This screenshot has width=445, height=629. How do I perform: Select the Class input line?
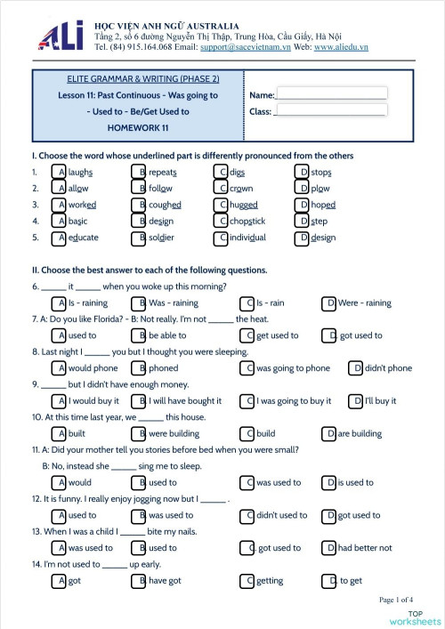pos(329,111)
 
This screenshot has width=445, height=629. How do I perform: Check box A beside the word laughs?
pos(60,172)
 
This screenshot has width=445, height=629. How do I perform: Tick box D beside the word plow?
pos(303,189)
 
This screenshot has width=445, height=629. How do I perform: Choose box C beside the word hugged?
pos(222,205)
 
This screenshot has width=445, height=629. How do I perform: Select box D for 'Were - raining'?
pos(330,303)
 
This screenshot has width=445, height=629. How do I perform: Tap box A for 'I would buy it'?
pos(60,401)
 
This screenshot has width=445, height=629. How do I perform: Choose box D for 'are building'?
pos(330,434)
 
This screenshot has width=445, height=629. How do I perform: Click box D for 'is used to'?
pos(330,483)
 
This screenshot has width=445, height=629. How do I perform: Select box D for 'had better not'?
pos(330,548)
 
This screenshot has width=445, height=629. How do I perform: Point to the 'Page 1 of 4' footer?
pos(401,600)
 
